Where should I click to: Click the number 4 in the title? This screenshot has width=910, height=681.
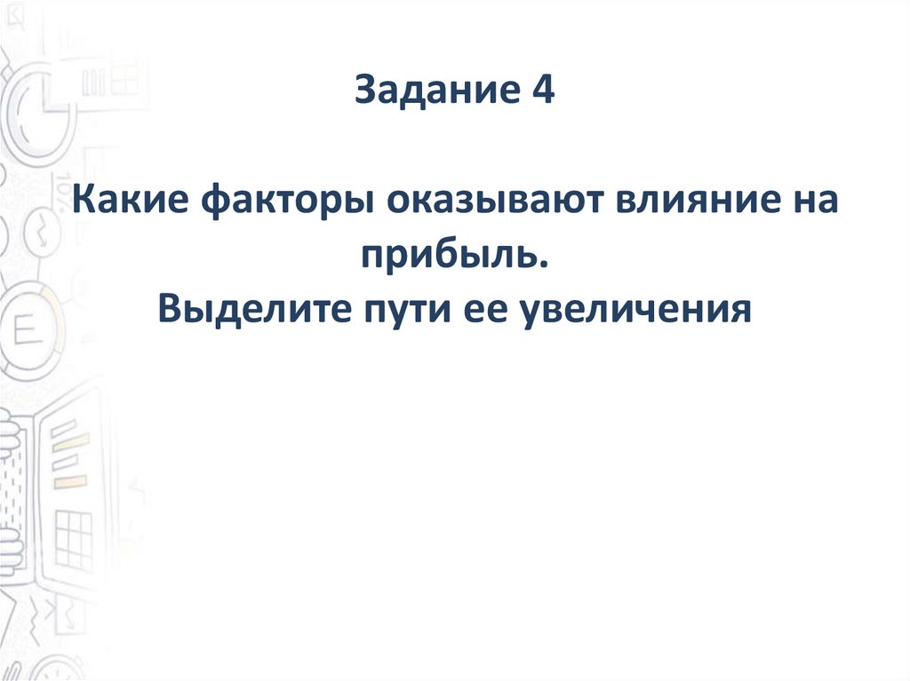(x=544, y=91)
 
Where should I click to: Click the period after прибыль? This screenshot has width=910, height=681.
(x=543, y=264)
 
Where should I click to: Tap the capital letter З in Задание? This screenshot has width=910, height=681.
(x=364, y=91)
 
